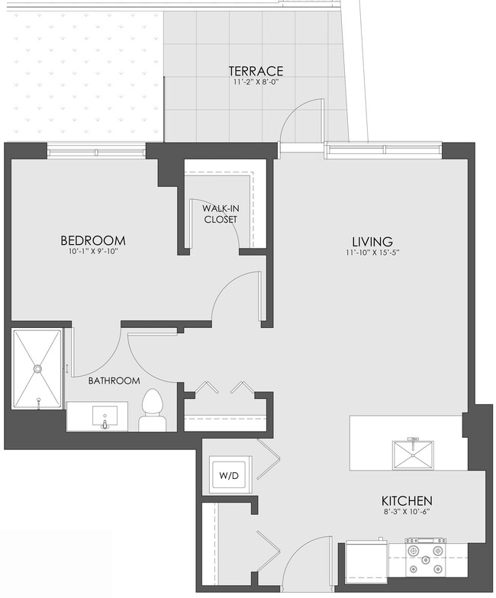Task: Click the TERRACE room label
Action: (x=256, y=71)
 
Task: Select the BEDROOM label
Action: (x=92, y=240)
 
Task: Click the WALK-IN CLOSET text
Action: (x=220, y=214)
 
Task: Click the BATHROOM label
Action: (x=114, y=381)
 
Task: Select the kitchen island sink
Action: (x=413, y=455)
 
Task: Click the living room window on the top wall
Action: (x=383, y=149)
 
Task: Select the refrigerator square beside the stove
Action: (x=365, y=563)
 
